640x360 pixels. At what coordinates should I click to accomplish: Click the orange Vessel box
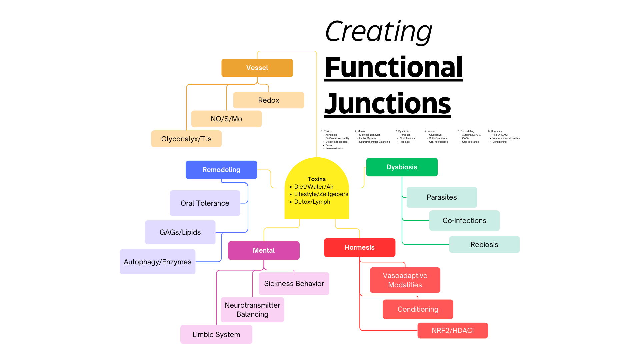(257, 68)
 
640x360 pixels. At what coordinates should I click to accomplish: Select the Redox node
(268, 100)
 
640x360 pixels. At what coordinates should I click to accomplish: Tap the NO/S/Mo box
(226, 119)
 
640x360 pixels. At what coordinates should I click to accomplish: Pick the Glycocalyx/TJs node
(186, 139)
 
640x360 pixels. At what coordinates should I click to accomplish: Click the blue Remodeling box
(221, 170)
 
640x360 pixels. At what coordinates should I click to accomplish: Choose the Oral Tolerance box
(205, 203)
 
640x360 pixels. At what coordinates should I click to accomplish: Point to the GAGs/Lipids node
(180, 232)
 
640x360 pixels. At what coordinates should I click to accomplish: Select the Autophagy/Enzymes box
(157, 262)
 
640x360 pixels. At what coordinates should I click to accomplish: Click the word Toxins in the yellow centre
(316, 179)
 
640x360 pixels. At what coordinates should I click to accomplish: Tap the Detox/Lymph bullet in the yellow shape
(312, 202)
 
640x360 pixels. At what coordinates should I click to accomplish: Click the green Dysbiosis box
(402, 167)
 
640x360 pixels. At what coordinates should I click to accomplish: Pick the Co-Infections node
(464, 221)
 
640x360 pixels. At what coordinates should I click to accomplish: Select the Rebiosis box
(484, 245)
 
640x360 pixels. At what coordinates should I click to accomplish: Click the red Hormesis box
(359, 248)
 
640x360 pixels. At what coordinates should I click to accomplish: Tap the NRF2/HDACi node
(452, 331)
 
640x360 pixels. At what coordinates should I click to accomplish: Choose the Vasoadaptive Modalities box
(405, 280)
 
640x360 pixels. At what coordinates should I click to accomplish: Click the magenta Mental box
(264, 250)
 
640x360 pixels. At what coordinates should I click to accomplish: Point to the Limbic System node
(216, 335)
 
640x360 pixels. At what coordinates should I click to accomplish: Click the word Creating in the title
(378, 32)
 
